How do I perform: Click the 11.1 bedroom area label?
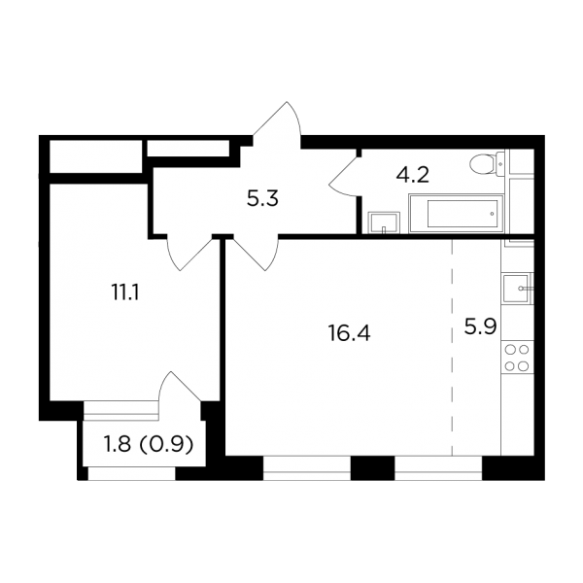pos(125,292)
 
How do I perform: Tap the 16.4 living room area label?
pos(349,332)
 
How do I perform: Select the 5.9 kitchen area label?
pos(480,327)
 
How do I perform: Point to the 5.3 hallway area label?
pos(262,199)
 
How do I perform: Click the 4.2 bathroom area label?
pos(412,174)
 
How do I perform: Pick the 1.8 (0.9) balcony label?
pos(149,444)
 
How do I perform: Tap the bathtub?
pos(456,214)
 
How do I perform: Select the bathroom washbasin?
pos(384,223)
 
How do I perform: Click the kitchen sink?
pos(518,289)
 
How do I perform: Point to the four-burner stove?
pos(517,358)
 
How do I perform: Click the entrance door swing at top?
pos(277,123)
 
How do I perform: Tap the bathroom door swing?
pos(343,176)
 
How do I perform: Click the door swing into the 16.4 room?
pos(256,253)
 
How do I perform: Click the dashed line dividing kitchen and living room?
pos(452,348)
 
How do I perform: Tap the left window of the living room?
pos(307,467)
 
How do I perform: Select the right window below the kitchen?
pos(438,467)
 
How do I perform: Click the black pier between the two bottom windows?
pos(373,467)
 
